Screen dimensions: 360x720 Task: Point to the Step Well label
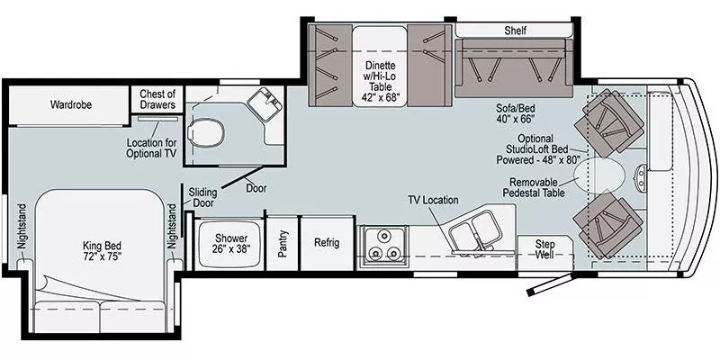[x=545, y=250]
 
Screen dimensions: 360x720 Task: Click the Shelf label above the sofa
[x=516, y=31]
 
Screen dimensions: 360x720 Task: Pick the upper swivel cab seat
[x=614, y=120]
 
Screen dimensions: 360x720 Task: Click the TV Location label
[x=433, y=200]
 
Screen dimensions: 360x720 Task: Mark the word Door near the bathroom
[x=256, y=188]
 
